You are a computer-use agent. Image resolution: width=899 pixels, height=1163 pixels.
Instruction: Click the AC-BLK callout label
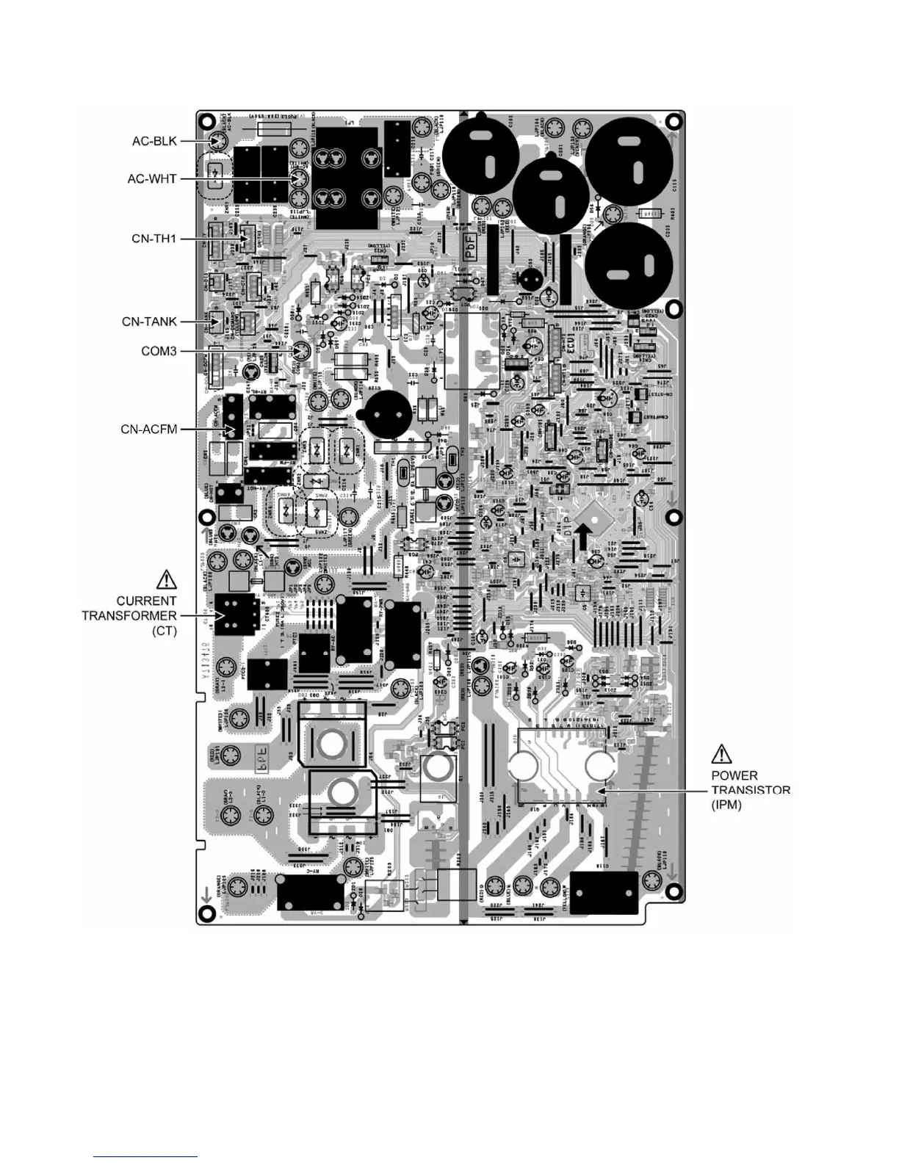154,141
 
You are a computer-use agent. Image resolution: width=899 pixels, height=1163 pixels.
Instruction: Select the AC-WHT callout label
152,178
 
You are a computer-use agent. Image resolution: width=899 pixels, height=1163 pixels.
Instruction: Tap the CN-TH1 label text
154,239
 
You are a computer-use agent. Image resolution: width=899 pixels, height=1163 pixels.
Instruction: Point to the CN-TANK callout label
149,322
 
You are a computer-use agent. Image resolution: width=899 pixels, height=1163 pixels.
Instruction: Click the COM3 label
159,352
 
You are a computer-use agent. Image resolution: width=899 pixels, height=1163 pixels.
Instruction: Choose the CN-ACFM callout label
148,429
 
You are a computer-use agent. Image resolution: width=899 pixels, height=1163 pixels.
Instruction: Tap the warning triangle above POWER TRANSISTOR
721,753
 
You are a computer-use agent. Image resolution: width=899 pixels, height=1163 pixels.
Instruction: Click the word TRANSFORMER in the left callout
129,615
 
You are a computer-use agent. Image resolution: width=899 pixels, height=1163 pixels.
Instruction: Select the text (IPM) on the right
726,805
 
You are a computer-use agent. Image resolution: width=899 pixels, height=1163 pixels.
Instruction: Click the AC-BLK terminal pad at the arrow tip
217,142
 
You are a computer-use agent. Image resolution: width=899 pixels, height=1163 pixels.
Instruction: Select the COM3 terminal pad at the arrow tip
301,352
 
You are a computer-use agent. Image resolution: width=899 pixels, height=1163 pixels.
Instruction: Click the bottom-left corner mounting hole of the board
206,913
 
